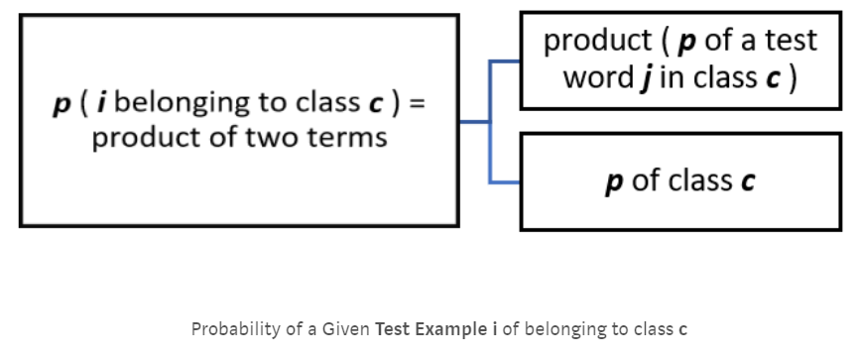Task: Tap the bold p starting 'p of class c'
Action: point(613,182)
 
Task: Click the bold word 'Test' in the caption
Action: point(393,328)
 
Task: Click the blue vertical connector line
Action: point(490,121)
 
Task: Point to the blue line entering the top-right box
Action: point(505,61)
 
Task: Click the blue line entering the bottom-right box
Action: point(505,182)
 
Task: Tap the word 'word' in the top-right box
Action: point(598,77)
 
